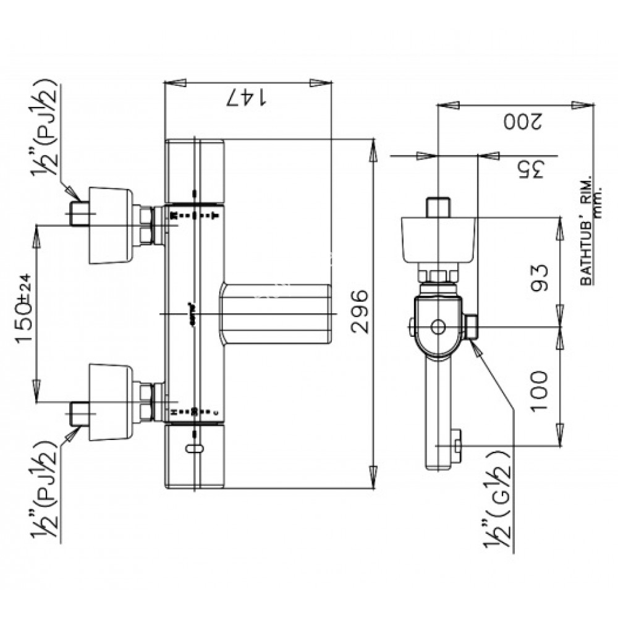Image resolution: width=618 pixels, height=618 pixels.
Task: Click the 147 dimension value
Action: click(247, 97)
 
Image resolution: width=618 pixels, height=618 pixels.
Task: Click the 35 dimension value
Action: click(529, 169)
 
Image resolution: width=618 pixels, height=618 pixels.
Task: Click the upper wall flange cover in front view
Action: click(110, 225)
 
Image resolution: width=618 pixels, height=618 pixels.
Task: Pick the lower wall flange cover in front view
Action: click(110, 402)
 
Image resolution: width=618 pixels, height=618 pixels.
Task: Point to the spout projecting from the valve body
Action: click(276, 314)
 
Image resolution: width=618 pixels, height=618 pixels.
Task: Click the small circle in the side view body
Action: click(438, 326)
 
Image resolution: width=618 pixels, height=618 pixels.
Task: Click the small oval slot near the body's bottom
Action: click(194, 447)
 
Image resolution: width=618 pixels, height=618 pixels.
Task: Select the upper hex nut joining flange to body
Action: click(147, 225)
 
